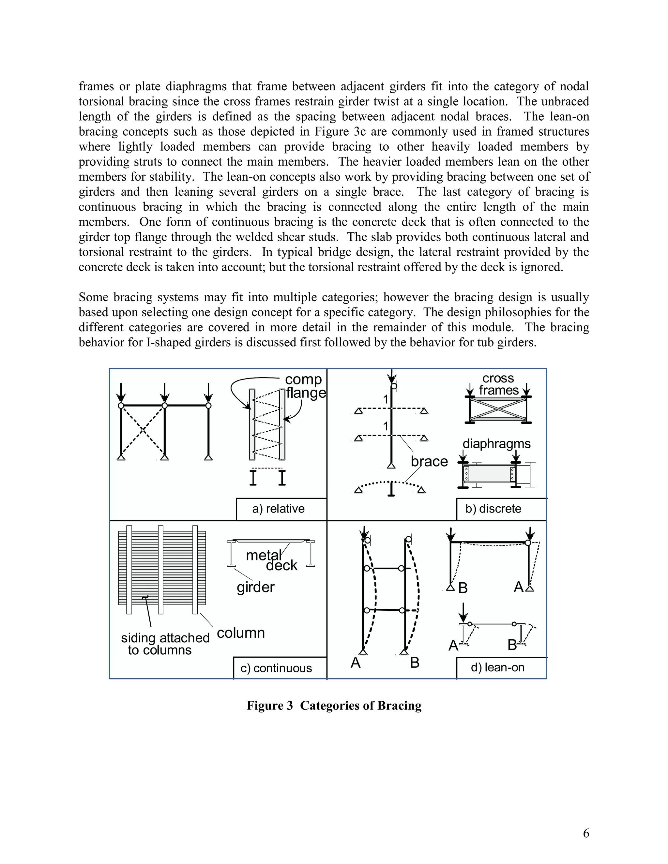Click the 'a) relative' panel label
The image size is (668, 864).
(278, 509)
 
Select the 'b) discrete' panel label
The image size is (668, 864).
(493, 509)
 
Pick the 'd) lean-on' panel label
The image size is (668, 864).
(497, 667)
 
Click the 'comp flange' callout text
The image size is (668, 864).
(305, 386)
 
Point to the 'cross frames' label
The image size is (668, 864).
(498, 384)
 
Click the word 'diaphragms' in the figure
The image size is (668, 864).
(496, 443)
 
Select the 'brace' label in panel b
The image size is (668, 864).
(429, 461)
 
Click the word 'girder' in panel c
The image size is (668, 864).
(255, 587)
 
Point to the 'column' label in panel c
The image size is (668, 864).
(241, 633)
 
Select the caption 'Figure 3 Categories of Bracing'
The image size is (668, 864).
(334, 706)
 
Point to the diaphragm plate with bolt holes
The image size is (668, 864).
(490, 473)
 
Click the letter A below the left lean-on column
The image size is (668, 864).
(356, 663)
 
